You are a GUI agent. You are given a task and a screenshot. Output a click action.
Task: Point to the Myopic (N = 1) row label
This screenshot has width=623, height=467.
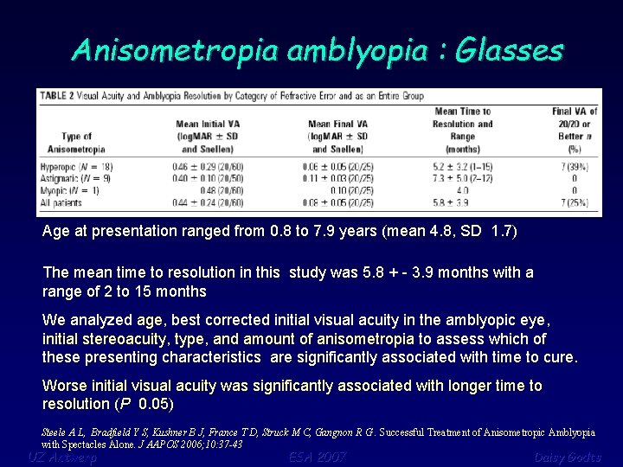click(70, 189)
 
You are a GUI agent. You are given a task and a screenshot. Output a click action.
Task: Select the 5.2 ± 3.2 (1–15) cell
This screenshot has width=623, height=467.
click(463, 165)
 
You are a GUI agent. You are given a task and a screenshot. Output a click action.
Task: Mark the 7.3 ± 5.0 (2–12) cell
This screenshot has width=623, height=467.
click(463, 177)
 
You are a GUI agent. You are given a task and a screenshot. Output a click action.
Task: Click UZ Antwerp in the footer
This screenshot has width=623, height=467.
click(62, 457)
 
